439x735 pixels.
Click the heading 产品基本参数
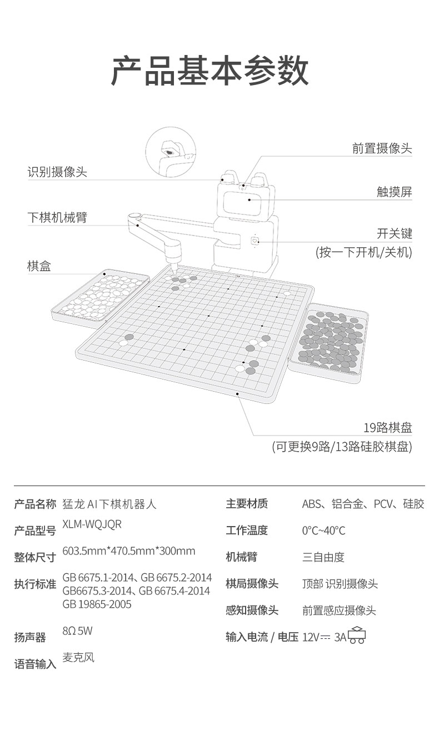point(210,71)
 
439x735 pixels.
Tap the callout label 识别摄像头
point(57,172)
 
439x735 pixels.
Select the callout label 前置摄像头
point(382,148)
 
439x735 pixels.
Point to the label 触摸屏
point(394,192)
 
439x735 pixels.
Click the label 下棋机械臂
point(57,217)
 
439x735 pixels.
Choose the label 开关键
point(394,233)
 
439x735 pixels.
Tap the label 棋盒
point(39,266)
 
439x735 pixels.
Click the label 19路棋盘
point(387,428)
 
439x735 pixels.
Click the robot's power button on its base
point(255,241)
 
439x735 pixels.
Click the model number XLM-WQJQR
point(92,524)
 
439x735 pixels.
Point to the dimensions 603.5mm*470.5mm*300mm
point(129,551)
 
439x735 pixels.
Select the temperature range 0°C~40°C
point(323,531)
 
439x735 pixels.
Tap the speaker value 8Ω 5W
point(77,631)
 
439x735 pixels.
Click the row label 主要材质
point(247,504)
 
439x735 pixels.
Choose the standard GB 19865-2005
point(97,604)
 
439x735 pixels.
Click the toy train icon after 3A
point(357,636)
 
